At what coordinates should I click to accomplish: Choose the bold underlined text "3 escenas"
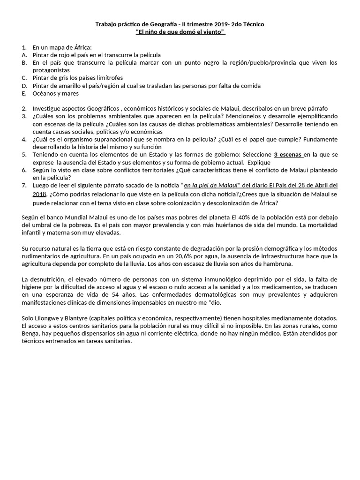288,154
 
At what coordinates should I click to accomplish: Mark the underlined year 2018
39,194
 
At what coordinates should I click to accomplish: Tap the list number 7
24,185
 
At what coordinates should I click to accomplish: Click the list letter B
24,62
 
